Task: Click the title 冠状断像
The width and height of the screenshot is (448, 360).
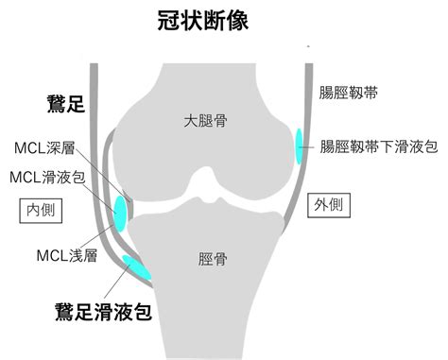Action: (x=203, y=21)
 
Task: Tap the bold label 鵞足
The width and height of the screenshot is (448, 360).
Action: (x=66, y=104)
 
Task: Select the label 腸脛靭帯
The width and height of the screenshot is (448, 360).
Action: (x=348, y=93)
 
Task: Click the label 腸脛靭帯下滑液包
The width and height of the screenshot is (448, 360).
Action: (x=379, y=146)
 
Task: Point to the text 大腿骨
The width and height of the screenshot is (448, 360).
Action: (x=205, y=120)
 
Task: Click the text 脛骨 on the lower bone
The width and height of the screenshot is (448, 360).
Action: (x=213, y=259)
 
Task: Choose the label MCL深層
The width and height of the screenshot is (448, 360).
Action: (x=44, y=147)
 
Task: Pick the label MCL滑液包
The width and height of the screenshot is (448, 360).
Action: (x=47, y=178)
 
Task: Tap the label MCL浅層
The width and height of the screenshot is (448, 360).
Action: (x=67, y=255)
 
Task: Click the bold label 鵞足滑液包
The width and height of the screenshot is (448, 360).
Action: (x=104, y=312)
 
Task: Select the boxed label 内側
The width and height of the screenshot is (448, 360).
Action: (x=41, y=211)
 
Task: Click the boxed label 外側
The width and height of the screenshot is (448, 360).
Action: (x=329, y=205)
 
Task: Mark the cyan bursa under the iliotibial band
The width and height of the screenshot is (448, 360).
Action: (x=299, y=146)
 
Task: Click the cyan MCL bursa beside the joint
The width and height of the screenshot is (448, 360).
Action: (x=120, y=214)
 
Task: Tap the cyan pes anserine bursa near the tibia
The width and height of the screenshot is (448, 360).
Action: (x=137, y=267)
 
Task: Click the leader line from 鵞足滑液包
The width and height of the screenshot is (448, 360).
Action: (x=116, y=282)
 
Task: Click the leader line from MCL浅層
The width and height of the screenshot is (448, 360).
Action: (x=96, y=237)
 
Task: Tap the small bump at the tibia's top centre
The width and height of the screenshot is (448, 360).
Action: (x=215, y=200)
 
